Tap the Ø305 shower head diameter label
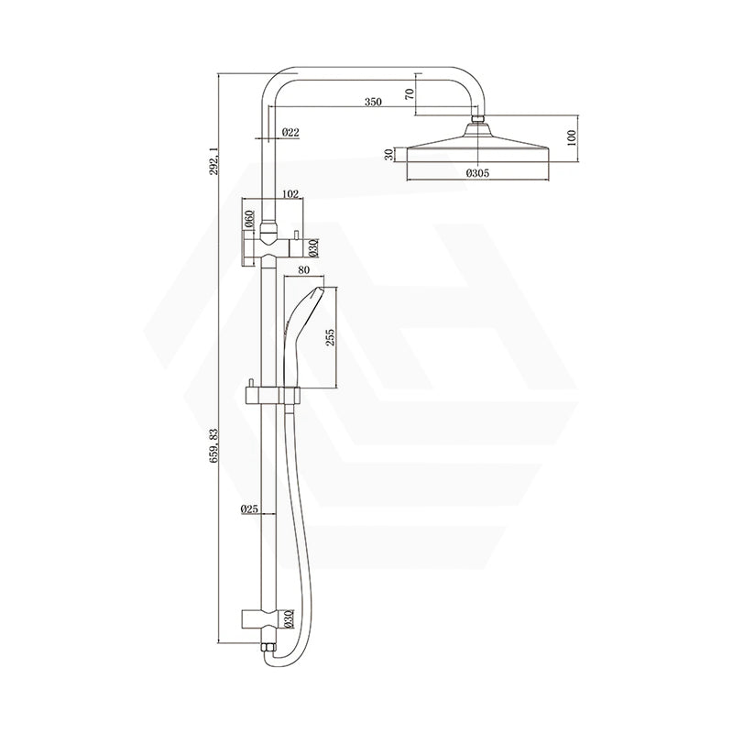tap(476, 171)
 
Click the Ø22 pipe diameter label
tap(290, 133)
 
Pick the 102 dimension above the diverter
tap(290, 193)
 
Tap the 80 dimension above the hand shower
tap(303, 271)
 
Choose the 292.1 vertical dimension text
tap(213, 160)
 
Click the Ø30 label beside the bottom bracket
tap(287, 618)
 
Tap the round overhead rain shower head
tap(476, 149)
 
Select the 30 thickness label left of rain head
tap(388, 155)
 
